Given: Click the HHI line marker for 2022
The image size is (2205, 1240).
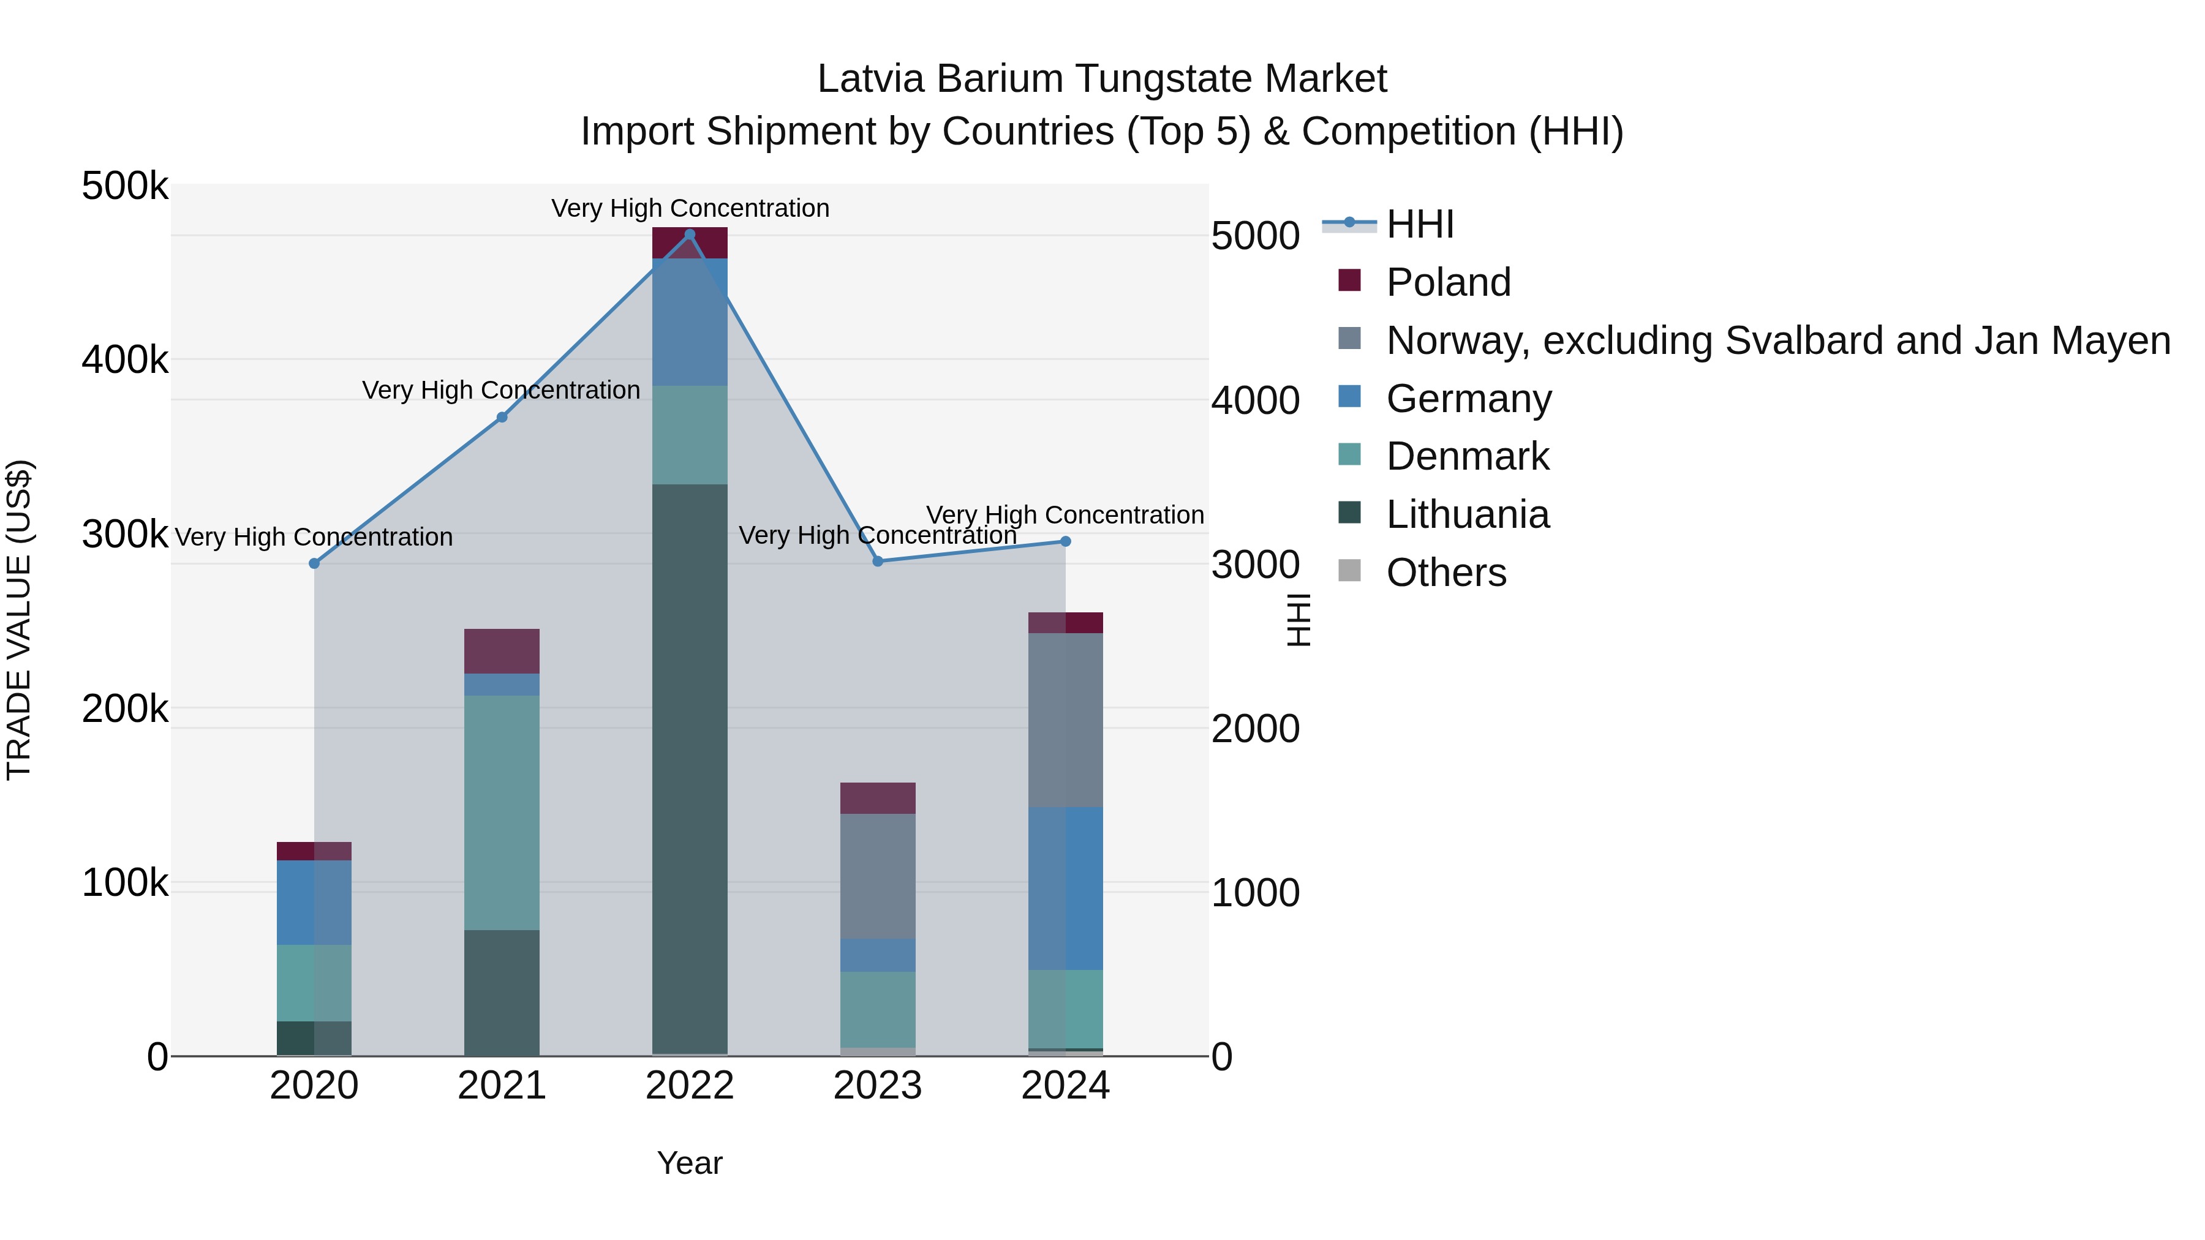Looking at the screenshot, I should [x=690, y=235].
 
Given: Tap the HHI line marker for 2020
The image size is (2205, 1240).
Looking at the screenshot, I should [x=314, y=563].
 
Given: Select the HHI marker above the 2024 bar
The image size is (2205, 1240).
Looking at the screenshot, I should [x=1066, y=541].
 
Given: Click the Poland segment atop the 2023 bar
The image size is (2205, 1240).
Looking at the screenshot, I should [x=877, y=797].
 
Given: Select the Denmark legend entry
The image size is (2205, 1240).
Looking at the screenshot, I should [x=1467, y=456].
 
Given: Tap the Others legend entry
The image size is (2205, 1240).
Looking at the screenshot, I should [x=1445, y=573].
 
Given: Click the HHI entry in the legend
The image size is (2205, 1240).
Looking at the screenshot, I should [x=1419, y=224].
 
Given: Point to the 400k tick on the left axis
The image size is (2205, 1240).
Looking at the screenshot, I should [x=125, y=360].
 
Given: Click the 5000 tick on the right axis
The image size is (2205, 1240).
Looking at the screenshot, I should [x=1255, y=236].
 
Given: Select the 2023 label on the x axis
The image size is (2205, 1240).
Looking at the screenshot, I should [x=877, y=1086].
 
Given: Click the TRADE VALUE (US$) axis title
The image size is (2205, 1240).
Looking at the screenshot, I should [x=19, y=620].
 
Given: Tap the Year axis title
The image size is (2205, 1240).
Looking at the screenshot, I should [x=690, y=1163].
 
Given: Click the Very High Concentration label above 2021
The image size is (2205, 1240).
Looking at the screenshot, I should [x=502, y=390].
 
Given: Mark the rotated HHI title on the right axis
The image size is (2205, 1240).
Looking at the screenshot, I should [x=1298, y=620].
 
